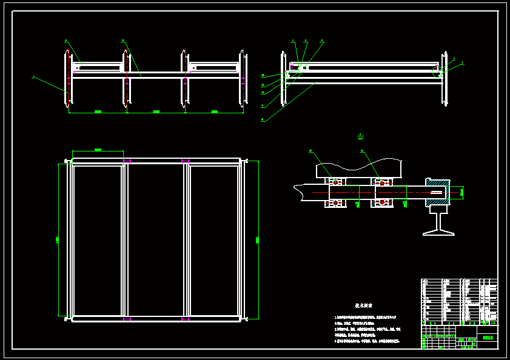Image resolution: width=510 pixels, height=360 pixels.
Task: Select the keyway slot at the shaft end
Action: pos(435,192)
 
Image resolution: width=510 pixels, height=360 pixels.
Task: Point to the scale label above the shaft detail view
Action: pos(360,136)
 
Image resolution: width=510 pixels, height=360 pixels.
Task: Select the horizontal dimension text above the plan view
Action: pos(98,150)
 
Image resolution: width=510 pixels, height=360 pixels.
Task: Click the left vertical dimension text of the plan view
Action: pos(58,240)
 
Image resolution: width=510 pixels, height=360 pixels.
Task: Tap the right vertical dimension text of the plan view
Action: pos(258,240)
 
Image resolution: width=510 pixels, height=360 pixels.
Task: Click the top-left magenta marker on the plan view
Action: pos(127,161)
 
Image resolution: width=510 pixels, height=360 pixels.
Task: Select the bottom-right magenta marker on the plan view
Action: pos(185,318)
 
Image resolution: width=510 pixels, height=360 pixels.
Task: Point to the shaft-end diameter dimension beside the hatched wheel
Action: pos(461,192)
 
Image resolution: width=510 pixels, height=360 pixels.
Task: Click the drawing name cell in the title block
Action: pos(488,338)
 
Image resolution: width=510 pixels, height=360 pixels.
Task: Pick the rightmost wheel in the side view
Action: pos(445,79)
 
